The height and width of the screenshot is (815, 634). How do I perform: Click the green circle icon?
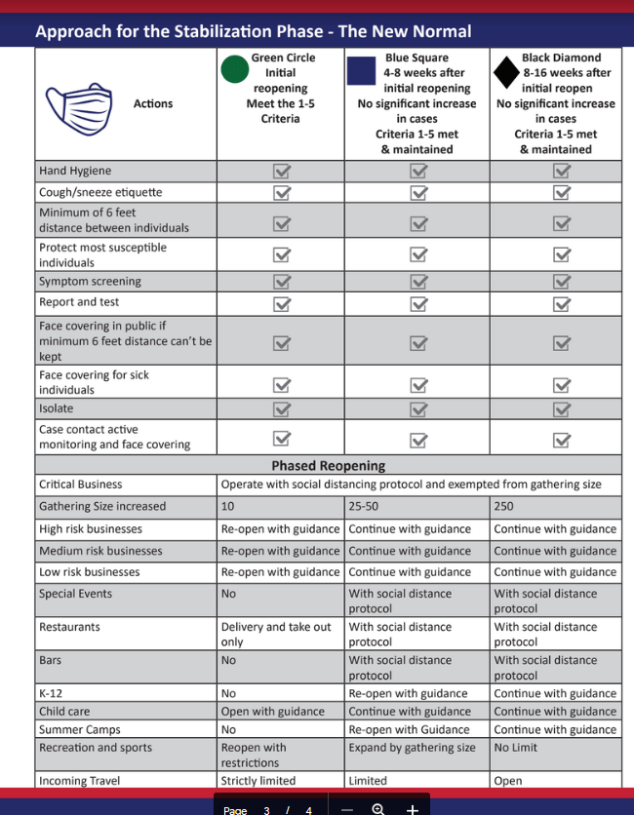tap(234, 70)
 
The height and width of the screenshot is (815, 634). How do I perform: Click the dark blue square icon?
tap(362, 71)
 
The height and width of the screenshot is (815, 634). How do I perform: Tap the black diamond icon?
tap(505, 71)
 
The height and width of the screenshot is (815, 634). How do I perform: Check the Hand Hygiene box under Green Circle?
tap(282, 172)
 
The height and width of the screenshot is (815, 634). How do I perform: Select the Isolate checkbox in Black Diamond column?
tap(561, 409)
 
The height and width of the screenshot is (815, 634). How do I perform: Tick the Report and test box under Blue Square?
tap(418, 303)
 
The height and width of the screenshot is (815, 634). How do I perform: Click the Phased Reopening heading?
tap(328, 466)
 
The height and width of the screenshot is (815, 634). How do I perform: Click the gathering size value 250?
tap(504, 507)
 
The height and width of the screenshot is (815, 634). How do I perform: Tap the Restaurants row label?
tap(69, 628)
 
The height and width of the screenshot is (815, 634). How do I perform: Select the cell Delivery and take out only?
tap(276, 635)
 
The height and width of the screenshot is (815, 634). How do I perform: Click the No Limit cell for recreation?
tap(515, 749)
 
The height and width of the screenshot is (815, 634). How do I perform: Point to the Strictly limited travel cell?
tap(256, 781)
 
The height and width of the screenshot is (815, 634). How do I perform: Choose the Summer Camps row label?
tap(80, 730)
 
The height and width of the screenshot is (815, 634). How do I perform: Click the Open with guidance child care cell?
tap(272, 712)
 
